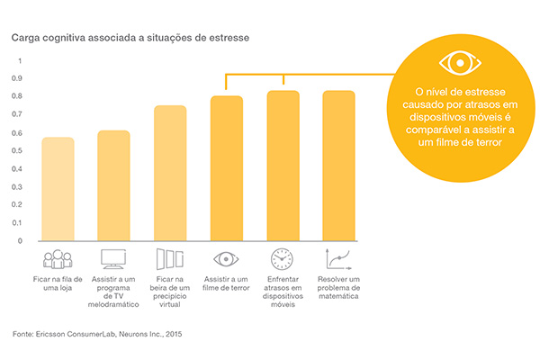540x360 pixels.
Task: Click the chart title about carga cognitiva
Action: point(130,39)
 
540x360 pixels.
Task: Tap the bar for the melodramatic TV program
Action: point(113,185)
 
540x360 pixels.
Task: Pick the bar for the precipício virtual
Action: point(170,173)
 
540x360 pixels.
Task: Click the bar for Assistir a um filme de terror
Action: point(227,168)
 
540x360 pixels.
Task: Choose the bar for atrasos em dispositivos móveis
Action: point(283,166)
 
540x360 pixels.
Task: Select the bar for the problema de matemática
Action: point(338,166)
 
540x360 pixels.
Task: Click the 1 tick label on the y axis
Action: point(19,60)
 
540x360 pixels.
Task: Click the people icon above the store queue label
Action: point(58,259)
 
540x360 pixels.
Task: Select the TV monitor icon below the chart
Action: point(114,259)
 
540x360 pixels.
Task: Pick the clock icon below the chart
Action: point(283,259)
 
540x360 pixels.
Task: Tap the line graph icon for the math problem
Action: point(339,259)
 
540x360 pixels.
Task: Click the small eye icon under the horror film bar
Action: point(227,259)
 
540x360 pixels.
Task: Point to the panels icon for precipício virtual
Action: point(170,259)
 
